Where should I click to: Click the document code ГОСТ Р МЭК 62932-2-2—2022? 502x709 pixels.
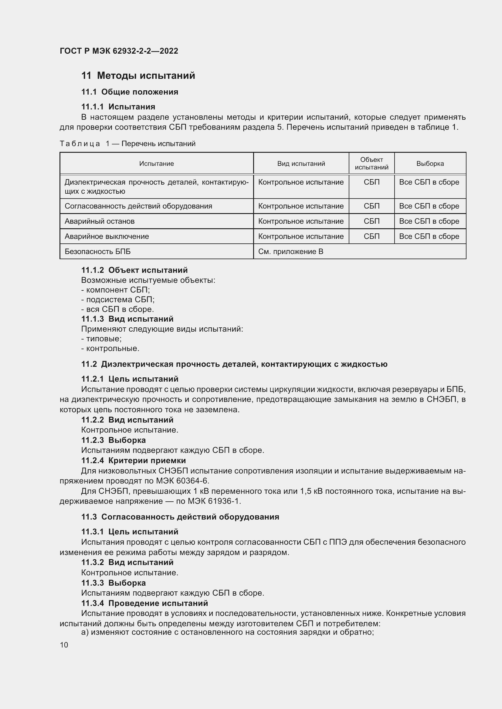119,51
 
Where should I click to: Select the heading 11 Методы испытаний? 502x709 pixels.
138,76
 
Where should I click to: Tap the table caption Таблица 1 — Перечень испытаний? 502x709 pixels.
127,144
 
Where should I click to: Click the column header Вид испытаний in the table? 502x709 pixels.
301,164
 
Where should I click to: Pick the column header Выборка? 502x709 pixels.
430,164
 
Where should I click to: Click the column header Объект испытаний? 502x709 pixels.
371,163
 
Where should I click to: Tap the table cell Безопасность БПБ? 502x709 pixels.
97,251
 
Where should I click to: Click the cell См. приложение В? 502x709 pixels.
290,251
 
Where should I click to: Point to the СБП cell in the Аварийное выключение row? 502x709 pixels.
371,236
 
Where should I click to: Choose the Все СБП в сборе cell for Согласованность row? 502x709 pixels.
429,206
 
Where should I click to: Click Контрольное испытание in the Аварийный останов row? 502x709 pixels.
301,221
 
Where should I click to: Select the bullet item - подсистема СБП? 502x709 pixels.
118,299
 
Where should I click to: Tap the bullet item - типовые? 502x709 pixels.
101,339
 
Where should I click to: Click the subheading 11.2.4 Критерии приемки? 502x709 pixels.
134,460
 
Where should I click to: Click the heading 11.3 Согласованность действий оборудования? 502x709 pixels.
180,517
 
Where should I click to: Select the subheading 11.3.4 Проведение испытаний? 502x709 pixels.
144,603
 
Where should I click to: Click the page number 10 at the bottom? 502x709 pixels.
64,645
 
